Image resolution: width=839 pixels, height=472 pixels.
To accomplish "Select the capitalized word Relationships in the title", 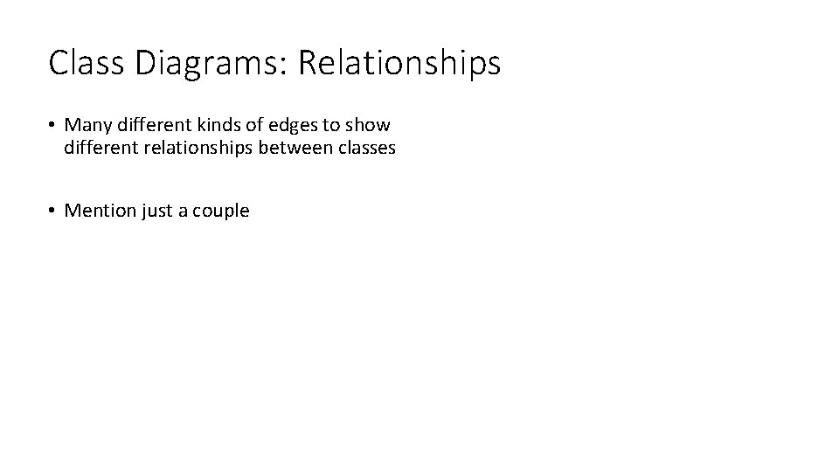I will coord(399,63).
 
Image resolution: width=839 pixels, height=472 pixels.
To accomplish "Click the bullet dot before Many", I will coord(53,125).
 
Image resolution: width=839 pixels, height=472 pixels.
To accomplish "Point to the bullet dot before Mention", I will coord(53,211).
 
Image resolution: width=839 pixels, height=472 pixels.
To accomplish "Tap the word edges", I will coord(293,125).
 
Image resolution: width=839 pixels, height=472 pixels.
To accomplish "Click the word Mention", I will coord(101,211).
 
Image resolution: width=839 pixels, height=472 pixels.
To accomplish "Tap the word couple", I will coord(222,211).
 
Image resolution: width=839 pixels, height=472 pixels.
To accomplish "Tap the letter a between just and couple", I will coord(183,211).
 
